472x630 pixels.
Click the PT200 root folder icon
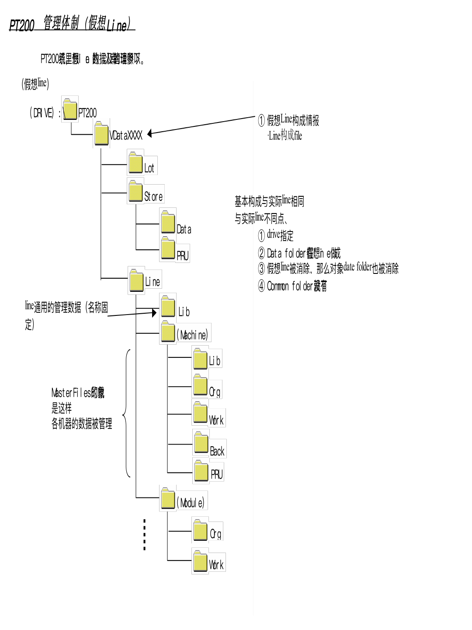pos(70,109)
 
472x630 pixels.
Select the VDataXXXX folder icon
pos(101,133)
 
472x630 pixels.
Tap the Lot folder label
pos(149,168)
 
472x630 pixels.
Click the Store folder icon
pos(135,192)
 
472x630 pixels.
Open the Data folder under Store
pos(168,223)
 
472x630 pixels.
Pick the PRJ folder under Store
pos(168,248)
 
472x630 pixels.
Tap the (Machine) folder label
pos(192,335)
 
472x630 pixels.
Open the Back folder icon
pos(201,443)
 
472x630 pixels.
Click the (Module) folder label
pos(191,503)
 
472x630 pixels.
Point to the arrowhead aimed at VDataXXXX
pos(150,133)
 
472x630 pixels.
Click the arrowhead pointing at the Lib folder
pos(154,313)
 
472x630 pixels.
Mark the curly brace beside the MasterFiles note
pos(126,413)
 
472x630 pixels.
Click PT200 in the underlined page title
pos(21,25)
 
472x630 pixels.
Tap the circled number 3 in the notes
pos(261,268)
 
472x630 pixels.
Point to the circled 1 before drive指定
pos(261,236)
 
